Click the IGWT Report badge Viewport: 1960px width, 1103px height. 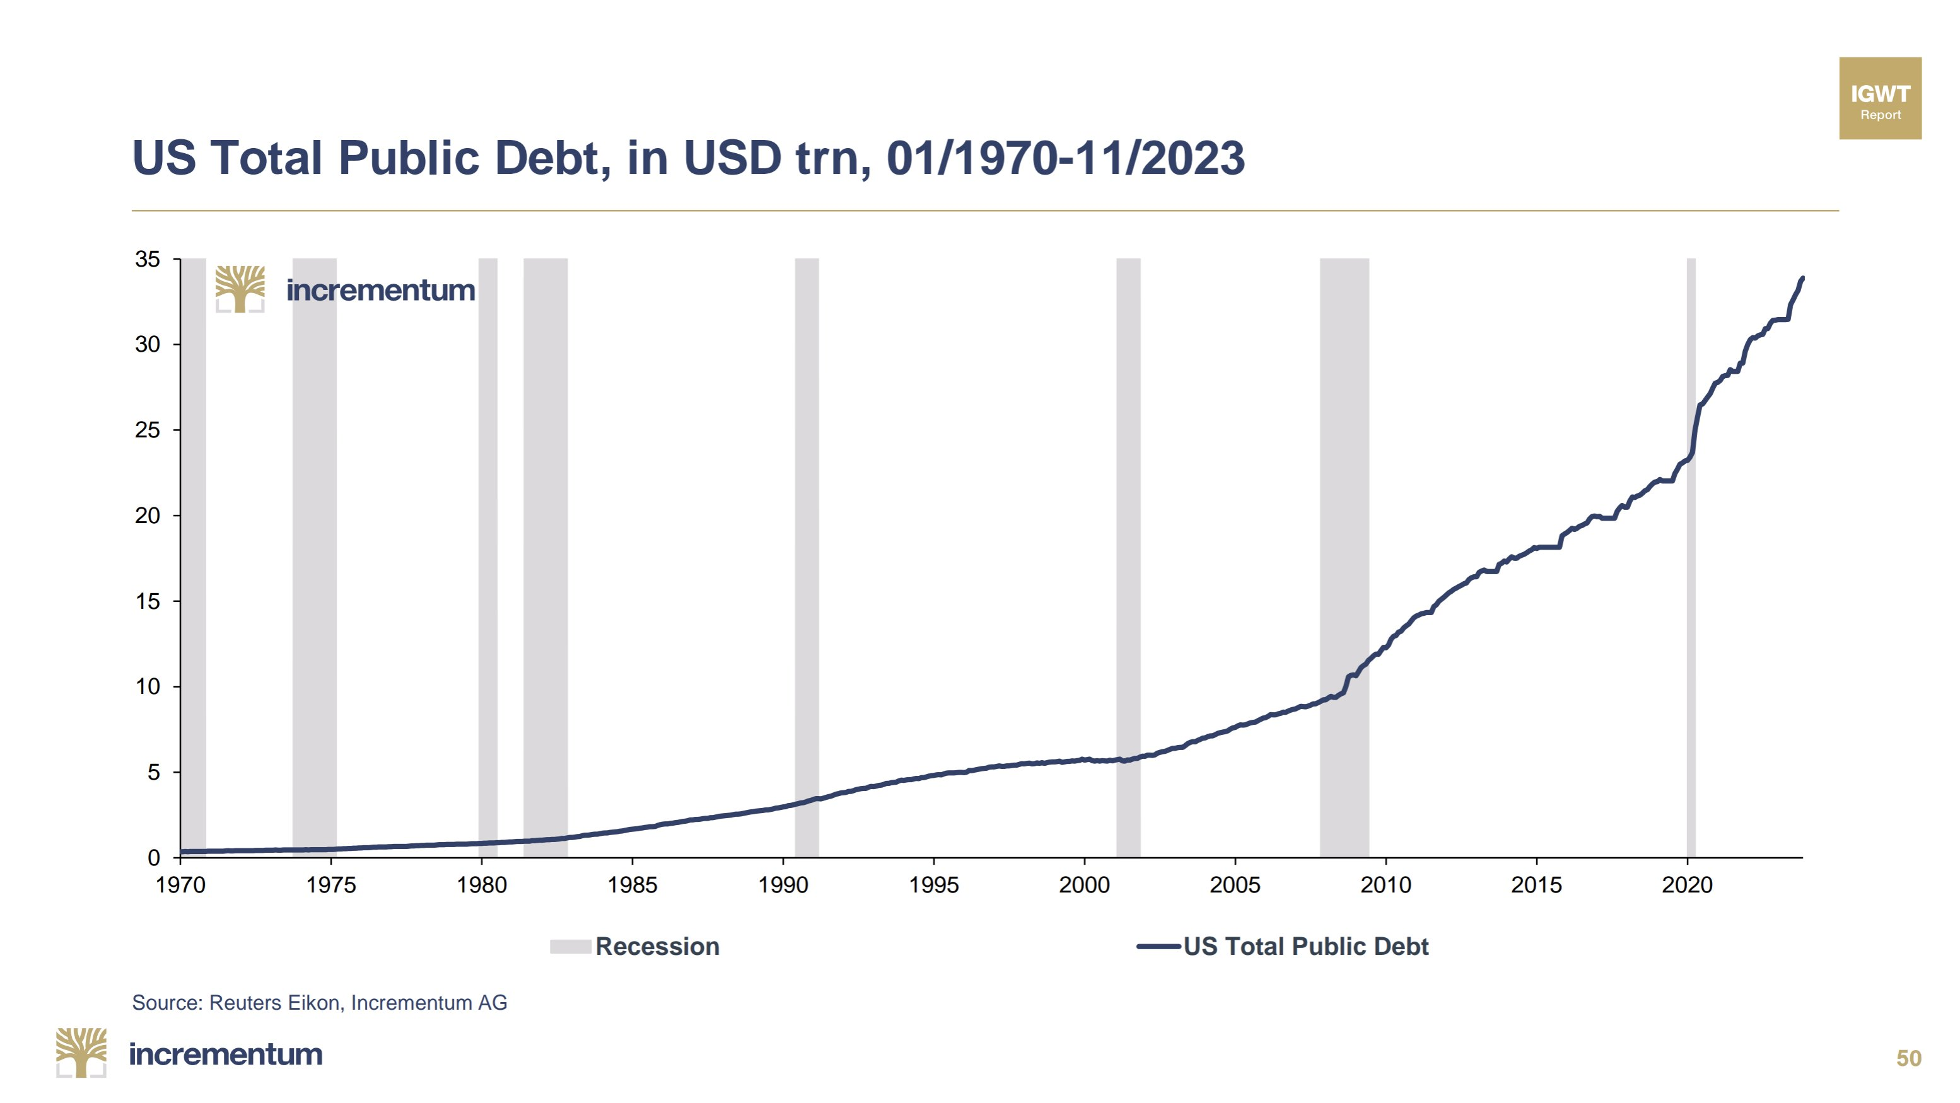1879,98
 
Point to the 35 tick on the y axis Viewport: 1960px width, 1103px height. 148,260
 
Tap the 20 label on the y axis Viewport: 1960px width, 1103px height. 148,516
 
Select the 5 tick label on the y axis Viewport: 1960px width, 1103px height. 154,773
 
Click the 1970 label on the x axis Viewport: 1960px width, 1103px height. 180,885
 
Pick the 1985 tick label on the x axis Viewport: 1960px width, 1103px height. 633,885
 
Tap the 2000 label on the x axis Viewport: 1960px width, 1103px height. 1084,885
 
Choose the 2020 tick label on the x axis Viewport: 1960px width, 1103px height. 1687,885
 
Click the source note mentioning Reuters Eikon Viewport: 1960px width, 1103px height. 320,1003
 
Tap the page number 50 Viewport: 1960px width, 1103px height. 1908,1058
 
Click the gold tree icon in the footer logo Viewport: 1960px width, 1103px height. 81,1052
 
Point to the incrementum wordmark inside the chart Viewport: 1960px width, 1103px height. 380,291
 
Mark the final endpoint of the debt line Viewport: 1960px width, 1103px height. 1802,279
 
